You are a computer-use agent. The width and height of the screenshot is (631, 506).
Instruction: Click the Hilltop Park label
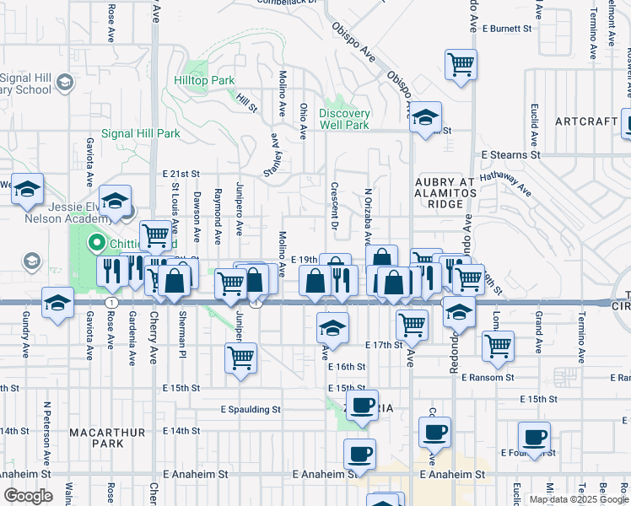(x=210, y=81)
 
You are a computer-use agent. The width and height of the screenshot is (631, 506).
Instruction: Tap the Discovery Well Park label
(x=344, y=120)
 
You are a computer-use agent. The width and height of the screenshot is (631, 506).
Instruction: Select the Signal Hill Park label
(x=141, y=133)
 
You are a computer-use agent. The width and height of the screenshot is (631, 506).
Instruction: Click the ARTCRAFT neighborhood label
(x=586, y=121)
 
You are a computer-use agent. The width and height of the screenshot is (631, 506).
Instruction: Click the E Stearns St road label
(x=510, y=155)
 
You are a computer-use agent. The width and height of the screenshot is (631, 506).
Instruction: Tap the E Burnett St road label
(x=510, y=28)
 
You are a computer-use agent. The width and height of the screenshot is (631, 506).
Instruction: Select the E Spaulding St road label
(x=251, y=410)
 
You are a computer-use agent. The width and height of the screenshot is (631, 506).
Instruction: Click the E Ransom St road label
(x=487, y=377)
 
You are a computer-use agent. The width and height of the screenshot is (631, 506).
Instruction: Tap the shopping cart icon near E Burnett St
(x=461, y=64)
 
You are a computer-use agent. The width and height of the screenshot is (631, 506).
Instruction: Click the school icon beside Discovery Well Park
(x=426, y=117)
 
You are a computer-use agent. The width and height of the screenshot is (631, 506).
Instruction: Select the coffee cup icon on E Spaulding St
(x=363, y=406)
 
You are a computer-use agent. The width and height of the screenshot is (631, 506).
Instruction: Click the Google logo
(x=28, y=496)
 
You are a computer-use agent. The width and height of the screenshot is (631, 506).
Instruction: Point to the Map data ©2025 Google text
(x=579, y=499)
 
